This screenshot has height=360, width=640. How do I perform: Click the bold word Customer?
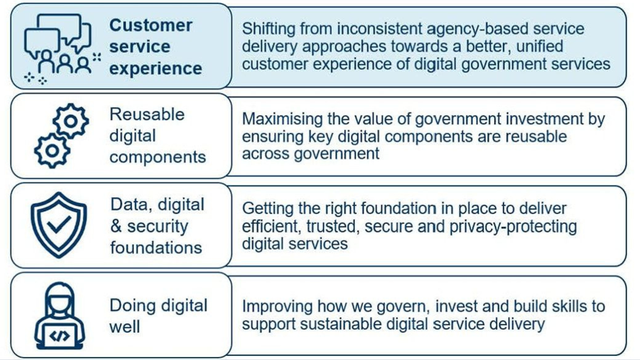click(151, 25)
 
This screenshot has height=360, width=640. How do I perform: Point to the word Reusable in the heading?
click(149, 114)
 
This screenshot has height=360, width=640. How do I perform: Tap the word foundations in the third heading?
click(156, 247)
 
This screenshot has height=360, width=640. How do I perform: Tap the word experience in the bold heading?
click(156, 69)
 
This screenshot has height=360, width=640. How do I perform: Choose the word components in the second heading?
click(158, 157)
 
